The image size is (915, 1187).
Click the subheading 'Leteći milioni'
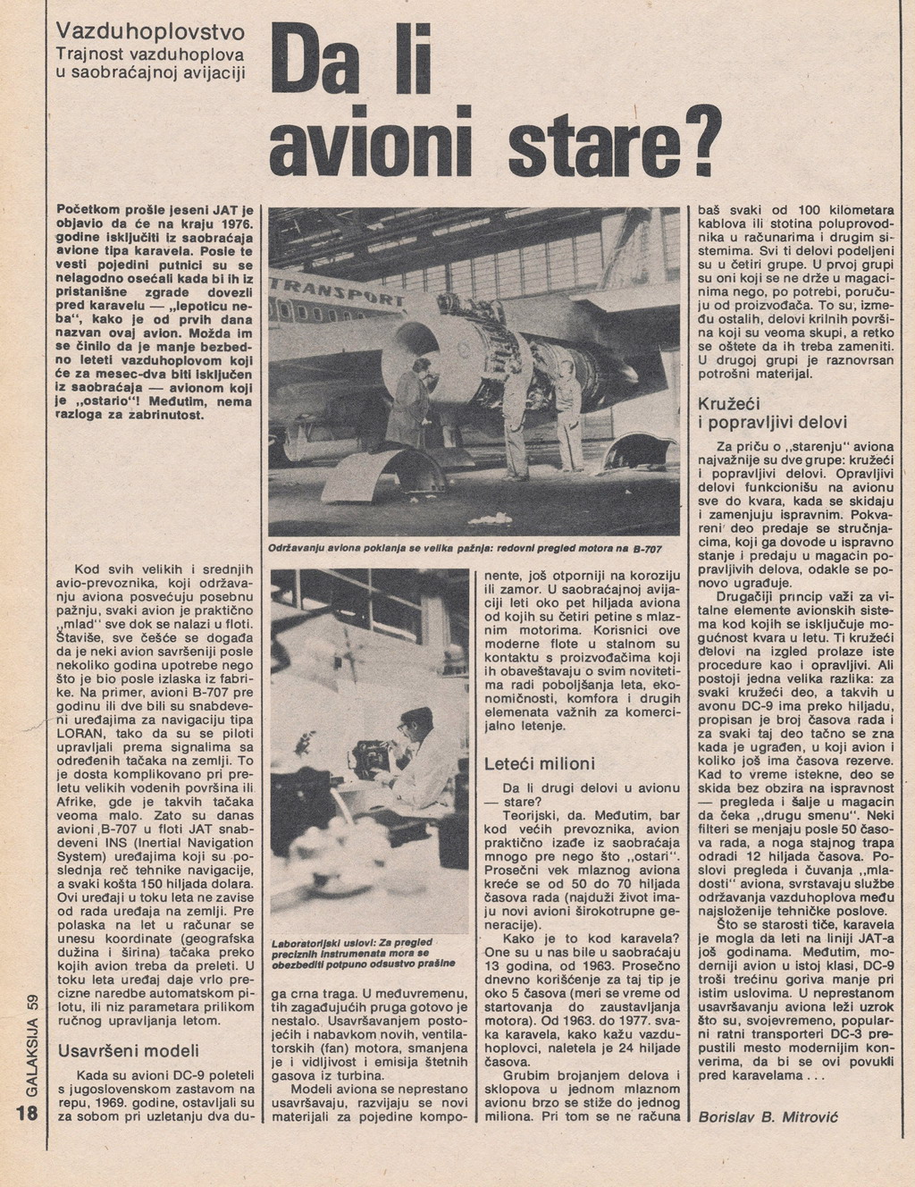click(x=539, y=764)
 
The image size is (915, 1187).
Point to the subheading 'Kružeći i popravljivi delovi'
click(x=773, y=413)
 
